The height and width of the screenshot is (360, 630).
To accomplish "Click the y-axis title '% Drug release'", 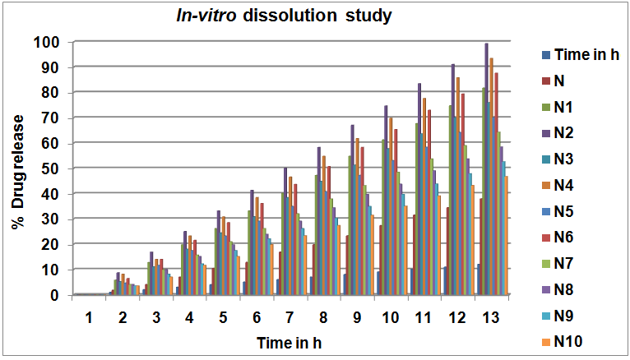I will (16, 168).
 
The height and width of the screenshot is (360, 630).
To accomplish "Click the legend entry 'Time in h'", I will (586, 55).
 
